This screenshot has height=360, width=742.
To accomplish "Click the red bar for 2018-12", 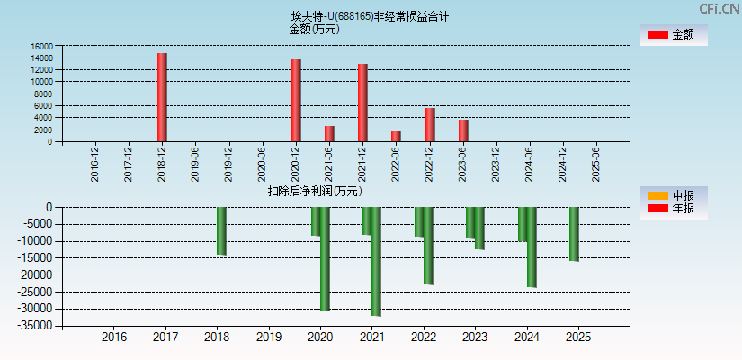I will point(162,97).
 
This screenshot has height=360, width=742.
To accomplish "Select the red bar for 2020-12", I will point(295,100).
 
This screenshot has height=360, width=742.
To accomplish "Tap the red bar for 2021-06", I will point(329,133).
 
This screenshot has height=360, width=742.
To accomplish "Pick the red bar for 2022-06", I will point(396,136).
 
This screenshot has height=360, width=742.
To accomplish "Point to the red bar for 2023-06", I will point(462,130).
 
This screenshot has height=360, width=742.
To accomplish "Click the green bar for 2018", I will point(221,230).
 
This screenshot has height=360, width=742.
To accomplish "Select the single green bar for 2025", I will point(574,234).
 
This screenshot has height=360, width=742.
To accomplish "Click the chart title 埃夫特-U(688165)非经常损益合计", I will point(370,16).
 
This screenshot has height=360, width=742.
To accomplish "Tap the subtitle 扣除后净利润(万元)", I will point(315,191).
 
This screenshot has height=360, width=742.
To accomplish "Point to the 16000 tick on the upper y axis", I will point(40,46).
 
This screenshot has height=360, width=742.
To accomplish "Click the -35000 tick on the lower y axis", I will point(37,326).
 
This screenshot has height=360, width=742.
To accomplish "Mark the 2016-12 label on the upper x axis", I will point(95,163).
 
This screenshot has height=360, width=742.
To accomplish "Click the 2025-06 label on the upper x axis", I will point(595,163).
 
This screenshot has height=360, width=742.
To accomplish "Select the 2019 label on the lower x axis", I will point(268,337).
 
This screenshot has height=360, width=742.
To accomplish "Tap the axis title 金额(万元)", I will point(314,29).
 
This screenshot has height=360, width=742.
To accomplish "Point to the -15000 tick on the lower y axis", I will point(37,258).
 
